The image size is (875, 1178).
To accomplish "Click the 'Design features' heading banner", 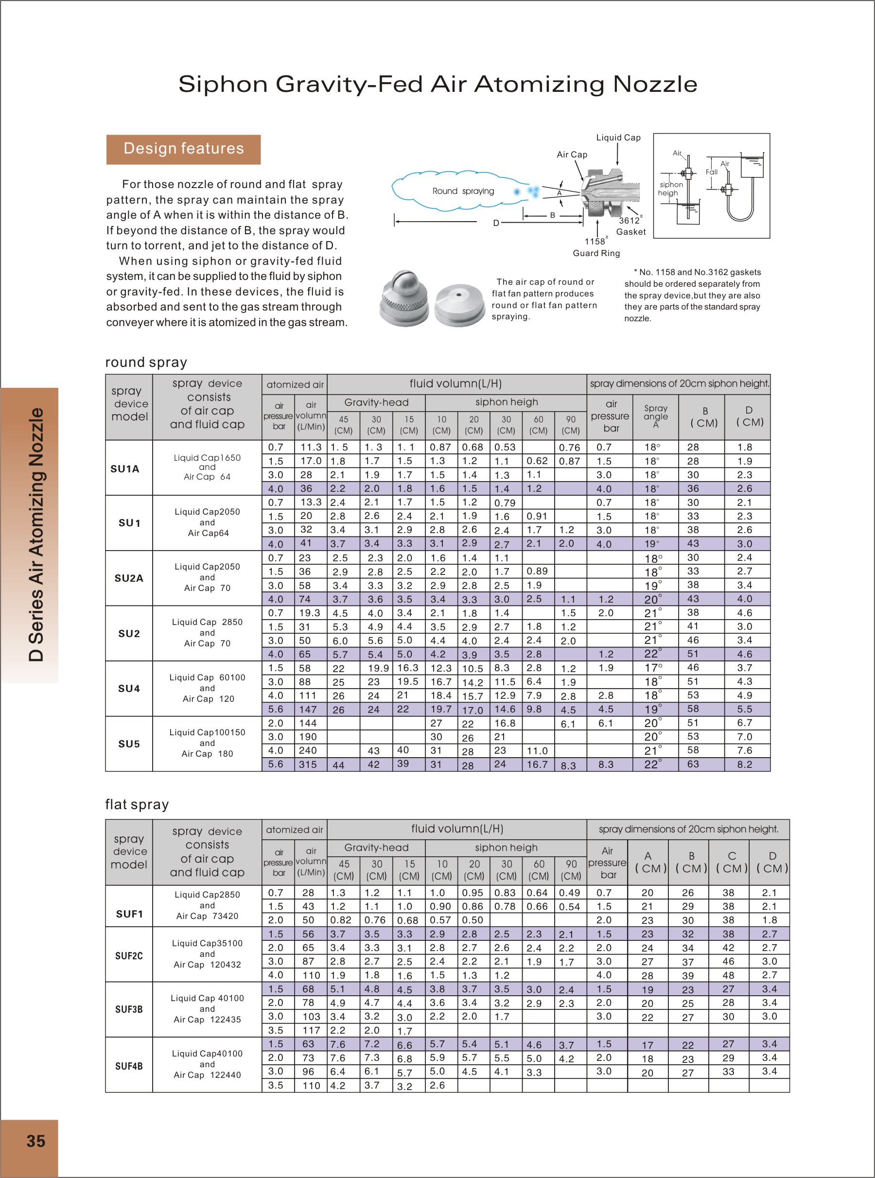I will point(183,149).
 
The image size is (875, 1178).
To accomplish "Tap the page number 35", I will point(35,1141).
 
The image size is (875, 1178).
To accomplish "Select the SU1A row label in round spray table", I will point(125,468).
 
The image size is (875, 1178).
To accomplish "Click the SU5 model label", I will point(129,744).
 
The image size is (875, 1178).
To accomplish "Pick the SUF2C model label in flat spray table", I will point(129,955).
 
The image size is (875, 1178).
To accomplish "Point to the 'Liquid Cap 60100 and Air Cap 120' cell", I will point(207,688).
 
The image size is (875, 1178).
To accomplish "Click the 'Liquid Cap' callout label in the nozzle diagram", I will point(618,138).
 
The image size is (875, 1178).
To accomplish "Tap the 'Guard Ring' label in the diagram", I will point(596,253).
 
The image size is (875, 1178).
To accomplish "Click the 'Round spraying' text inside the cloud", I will point(463,191).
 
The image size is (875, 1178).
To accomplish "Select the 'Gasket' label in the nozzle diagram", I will point(631,232).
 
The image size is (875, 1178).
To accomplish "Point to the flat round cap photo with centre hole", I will point(459,303).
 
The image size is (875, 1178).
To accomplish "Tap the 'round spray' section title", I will point(146,362).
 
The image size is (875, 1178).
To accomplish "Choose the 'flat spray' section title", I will point(137,805).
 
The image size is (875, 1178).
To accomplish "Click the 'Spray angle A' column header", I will point(656,416).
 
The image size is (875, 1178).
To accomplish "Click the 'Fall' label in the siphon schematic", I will point(711,172).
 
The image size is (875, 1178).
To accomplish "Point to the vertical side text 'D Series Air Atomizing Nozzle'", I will point(36,534).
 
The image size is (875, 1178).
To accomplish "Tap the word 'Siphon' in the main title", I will point(223,84).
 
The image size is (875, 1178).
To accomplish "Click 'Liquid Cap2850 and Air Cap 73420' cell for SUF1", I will point(207,905).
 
